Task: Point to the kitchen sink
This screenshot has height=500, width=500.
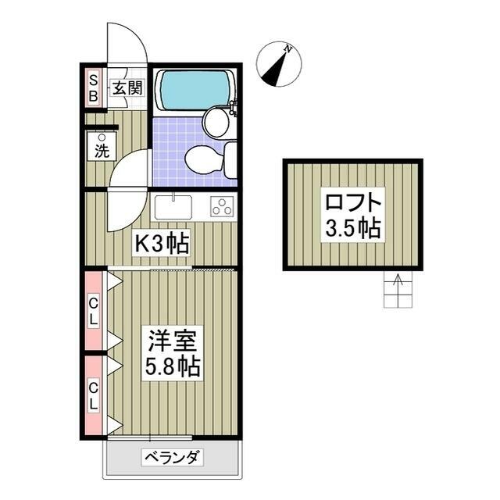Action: (173, 207)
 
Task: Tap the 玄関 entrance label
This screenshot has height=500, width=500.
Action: (127, 87)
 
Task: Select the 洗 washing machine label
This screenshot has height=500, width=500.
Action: (102, 148)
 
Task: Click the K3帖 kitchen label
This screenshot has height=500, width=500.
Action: (162, 245)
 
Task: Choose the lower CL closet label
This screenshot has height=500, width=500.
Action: (93, 395)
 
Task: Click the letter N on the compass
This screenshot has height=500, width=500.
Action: (288, 49)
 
